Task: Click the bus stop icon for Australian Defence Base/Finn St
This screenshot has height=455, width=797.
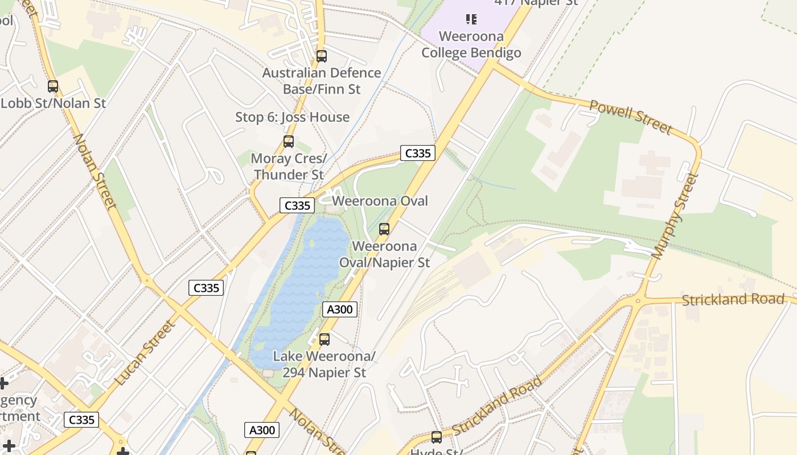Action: click(x=322, y=56)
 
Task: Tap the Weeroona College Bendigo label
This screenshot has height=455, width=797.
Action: click(x=471, y=45)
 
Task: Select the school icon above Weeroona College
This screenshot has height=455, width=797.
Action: click(x=471, y=20)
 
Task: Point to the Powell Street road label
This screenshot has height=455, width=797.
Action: click(x=630, y=117)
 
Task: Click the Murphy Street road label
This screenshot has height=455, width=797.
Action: click(x=675, y=216)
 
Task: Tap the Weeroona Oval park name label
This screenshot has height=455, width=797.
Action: click(x=380, y=201)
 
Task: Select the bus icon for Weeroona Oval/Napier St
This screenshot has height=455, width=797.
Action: click(x=384, y=229)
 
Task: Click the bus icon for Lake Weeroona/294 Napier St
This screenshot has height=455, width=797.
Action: click(x=324, y=340)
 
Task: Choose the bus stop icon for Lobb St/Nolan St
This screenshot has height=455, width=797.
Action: click(x=53, y=86)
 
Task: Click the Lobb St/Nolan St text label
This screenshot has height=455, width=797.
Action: click(x=54, y=104)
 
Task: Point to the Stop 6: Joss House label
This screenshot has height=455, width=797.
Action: click(x=292, y=117)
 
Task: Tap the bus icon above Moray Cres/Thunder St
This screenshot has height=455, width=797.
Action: click(x=289, y=142)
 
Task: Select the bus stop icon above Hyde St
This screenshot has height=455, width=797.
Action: click(x=437, y=437)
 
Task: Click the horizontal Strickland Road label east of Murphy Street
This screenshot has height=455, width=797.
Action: click(x=733, y=299)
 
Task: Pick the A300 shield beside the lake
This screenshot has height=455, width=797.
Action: click(x=340, y=309)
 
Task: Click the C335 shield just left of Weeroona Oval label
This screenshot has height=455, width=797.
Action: click(x=297, y=205)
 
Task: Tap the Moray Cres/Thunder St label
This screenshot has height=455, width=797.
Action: click(x=289, y=167)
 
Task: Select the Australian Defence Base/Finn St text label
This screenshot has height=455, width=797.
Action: click(x=322, y=81)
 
